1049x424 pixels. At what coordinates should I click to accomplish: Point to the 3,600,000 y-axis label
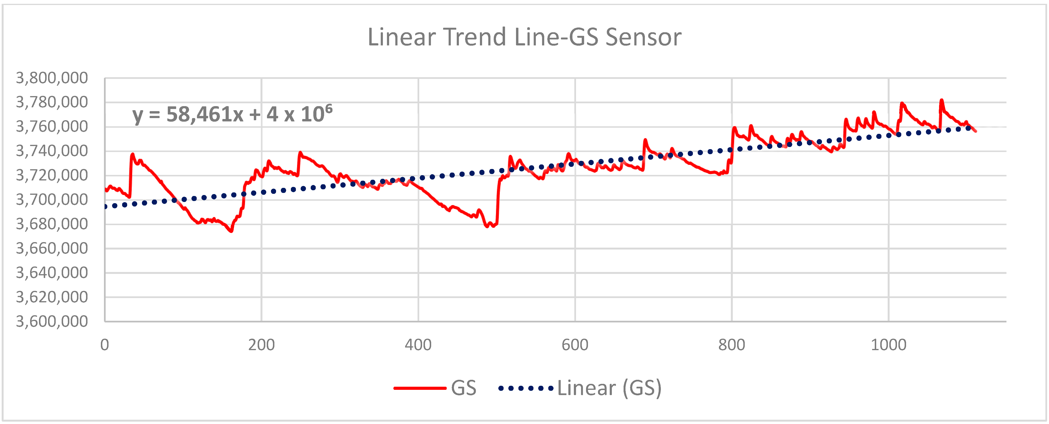click(52, 321)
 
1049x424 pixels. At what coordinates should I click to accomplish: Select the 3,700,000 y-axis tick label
click(52, 200)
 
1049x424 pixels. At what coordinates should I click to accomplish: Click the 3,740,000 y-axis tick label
click(52, 151)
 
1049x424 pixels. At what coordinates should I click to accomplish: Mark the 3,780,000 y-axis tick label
click(52, 102)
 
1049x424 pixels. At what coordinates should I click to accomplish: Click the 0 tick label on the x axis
click(105, 345)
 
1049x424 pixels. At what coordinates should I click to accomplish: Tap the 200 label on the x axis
click(261, 345)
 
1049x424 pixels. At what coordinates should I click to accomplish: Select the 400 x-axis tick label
click(418, 345)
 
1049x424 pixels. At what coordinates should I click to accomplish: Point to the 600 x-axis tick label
click(575, 345)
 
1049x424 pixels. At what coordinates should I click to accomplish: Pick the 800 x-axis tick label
click(732, 345)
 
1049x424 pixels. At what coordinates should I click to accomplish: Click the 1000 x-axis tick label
click(889, 345)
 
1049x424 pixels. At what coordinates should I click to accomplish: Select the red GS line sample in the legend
click(420, 388)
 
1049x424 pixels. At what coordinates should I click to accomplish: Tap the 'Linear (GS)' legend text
click(609, 388)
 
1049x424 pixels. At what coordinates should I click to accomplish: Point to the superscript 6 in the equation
click(329, 108)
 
